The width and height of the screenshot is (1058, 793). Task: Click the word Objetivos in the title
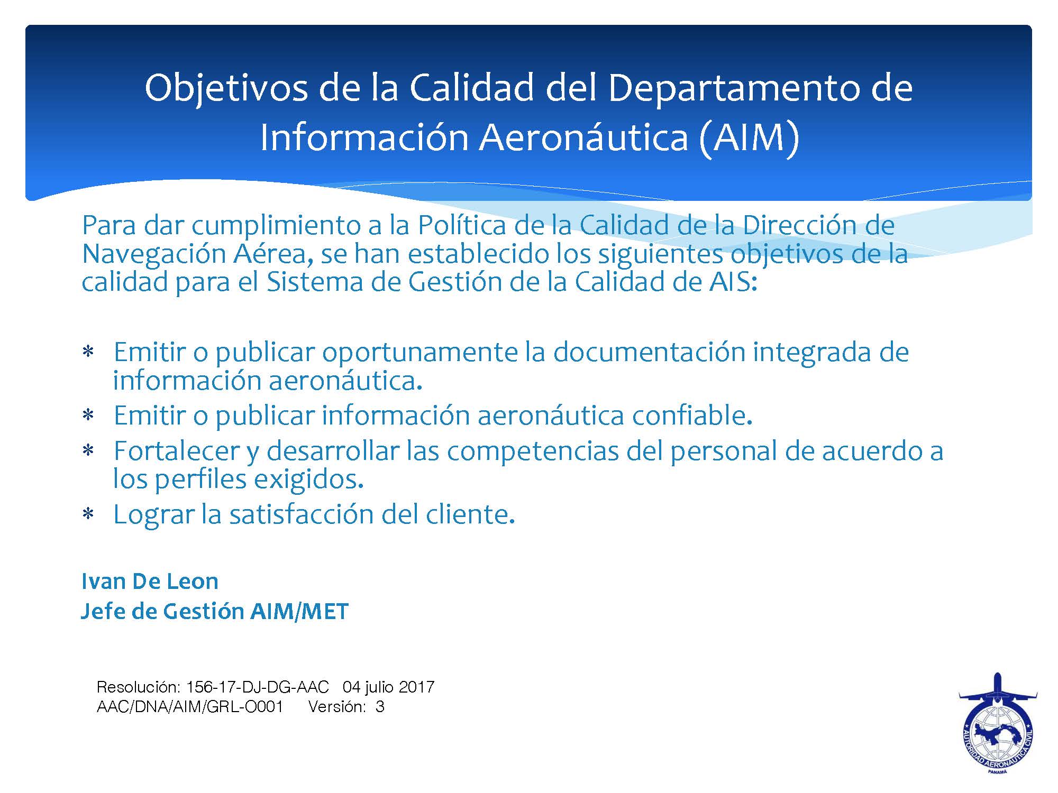tap(226, 89)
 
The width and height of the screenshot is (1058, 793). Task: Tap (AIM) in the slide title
tap(748, 137)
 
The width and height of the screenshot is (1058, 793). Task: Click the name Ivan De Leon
tap(150, 581)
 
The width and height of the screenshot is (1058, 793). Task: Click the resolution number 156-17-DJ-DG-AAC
tap(258, 687)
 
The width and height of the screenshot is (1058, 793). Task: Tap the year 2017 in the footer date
tap(417, 687)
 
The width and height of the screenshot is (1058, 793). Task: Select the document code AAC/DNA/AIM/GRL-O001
tap(190, 707)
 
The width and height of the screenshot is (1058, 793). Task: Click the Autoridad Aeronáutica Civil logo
tap(998, 731)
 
